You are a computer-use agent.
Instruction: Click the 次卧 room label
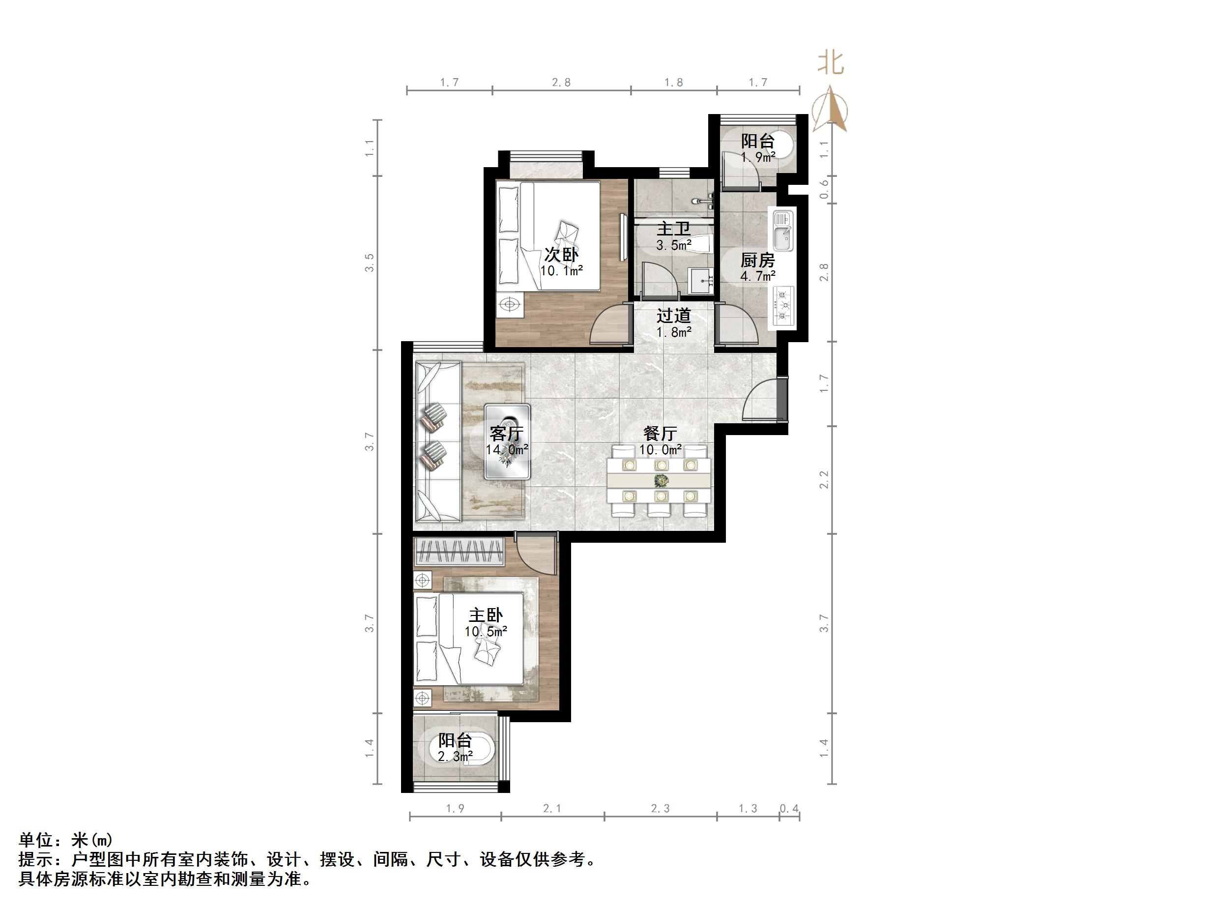pyautogui.click(x=561, y=254)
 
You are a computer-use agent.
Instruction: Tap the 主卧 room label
pyautogui.click(x=486, y=615)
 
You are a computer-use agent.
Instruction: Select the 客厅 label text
pyautogui.click(x=507, y=434)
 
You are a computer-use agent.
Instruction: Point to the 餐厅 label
pyautogui.click(x=660, y=434)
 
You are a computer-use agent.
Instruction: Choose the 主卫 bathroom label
pyautogui.click(x=673, y=229)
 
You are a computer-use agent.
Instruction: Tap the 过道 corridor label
pyautogui.click(x=673, y=316)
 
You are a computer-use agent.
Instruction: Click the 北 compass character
pyautogui.click(x=830, y=63)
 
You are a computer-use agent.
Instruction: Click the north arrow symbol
pyautogui.click(x=830, y=109)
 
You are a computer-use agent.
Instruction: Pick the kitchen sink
pyautogui.click(x=783, y=230)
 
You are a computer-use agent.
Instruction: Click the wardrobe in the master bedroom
pyautogui.click(x=459, y=552)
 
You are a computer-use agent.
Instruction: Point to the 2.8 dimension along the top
pyautogui.click(x=561, y=83)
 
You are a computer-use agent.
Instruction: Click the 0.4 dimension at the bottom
pyautogui.click(x=789, y=809)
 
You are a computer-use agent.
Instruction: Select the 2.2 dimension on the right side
pyautogui.click(x=824, y=479)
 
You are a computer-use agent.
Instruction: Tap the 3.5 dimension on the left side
pyautogui.click(x=370, y=263)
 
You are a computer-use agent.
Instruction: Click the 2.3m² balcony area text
pyautogui.click(x=455, y=757)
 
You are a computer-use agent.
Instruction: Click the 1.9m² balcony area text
pyautogui.click(x=758, y=157)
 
